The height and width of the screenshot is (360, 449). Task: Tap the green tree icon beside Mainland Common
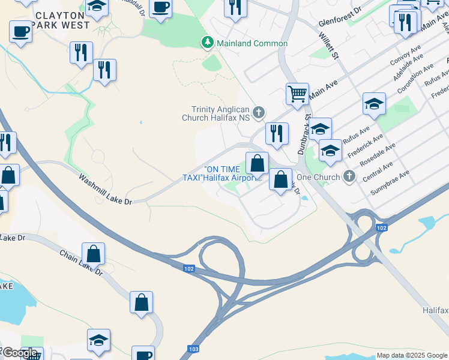coord(207,43)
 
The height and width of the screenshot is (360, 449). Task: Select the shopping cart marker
coord(297,94)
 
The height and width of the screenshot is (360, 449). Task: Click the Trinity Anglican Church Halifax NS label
coord(220,113)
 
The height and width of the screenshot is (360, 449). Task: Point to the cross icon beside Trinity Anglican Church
coord(259,112)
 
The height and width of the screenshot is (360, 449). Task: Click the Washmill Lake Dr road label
coord(105,190)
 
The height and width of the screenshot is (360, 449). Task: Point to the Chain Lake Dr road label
coord(82,263)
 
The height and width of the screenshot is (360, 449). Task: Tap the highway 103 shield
coord(193,348)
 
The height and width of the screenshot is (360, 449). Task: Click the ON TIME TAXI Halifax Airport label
coord(223,173)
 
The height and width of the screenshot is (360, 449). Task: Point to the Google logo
coord(20,352)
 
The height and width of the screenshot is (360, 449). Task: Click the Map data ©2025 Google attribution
coord(412,355)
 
